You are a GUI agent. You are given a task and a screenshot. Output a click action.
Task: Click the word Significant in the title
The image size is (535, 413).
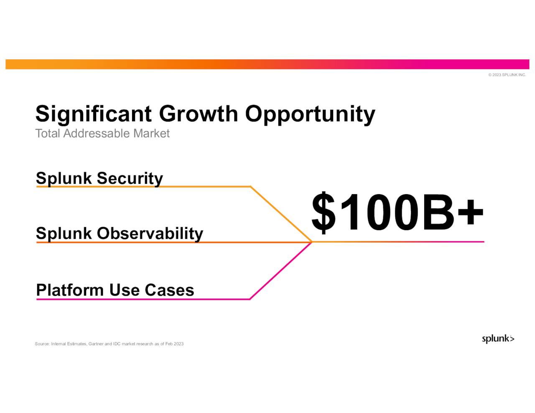[93, 114]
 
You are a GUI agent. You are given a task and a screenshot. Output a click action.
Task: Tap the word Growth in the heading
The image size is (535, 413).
[198, 114]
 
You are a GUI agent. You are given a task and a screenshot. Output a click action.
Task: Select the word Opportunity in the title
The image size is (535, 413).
[310, 114]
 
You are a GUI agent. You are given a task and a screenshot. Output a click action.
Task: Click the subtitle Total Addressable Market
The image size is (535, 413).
[102, 134]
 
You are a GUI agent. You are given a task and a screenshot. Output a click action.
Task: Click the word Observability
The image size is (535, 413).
[150, 233]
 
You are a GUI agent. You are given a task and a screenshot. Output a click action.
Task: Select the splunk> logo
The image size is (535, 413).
[498, 339]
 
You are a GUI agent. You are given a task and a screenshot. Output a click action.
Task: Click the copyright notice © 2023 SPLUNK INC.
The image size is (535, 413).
[507, 75]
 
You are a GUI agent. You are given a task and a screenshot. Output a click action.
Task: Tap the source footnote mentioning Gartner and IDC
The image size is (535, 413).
[109, 344]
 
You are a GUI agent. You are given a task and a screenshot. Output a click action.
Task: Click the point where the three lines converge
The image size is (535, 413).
[312, 242]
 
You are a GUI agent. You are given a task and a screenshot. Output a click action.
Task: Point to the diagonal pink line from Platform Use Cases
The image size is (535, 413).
[281, 271]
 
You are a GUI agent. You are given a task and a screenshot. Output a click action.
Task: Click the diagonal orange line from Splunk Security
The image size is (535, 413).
[281, 214]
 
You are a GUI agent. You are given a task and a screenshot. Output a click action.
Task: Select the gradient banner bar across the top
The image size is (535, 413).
[267, 64]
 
